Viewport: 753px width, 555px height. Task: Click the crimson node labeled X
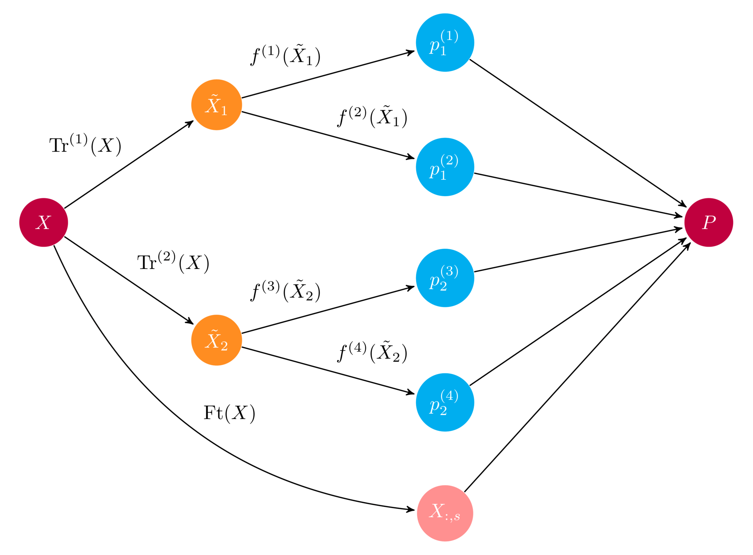43,222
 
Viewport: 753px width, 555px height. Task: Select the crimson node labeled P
708,222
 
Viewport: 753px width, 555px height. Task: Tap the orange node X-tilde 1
216,105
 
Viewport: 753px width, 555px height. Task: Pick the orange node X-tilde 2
216,340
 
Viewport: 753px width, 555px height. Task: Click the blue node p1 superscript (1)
445,42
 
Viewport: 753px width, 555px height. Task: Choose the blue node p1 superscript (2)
445,167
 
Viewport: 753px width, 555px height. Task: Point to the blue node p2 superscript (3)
445,277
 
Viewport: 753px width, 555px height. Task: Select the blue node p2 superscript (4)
445,402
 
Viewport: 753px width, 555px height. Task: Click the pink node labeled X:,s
445,513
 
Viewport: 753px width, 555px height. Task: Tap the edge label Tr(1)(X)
85,145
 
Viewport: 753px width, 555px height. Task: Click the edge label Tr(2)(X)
173,262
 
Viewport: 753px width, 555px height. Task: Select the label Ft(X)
229,413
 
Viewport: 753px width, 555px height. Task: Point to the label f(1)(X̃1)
285,56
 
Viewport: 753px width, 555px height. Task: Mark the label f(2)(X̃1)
372,117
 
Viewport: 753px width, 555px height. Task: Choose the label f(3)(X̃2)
285,292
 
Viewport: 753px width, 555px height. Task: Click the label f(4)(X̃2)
372,353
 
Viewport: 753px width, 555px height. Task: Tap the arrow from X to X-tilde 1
129,164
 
